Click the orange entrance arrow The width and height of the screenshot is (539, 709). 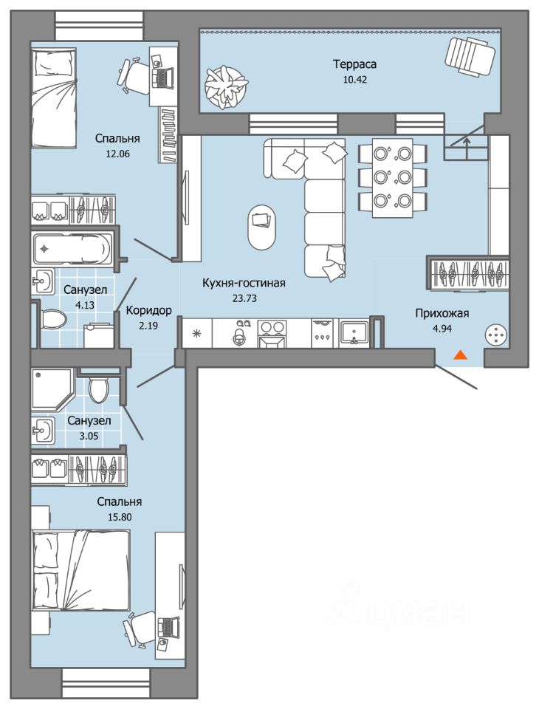pyautogui.click(x=460, y=355)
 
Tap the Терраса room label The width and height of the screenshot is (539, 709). pyautogui.click(x=354, y=64)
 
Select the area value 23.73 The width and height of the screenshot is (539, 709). pyautogui.click(x=244, y=298)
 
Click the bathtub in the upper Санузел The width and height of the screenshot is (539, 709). pyautogui.click(x=72, y=248)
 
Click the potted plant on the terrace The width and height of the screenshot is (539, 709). pyautogui.click(x=224, y=87)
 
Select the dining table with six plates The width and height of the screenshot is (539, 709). pyautogui.click(x=392, y=178)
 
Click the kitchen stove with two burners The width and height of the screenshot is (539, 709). pyautogui.click(x=271, y=333)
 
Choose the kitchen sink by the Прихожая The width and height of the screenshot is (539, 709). pyautogui.click(x=354, y=333)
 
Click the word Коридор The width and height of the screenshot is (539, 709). pyautogui.click(x=148, y=311)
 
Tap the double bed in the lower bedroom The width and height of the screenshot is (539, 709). pyautogui.click(x=81, y=570)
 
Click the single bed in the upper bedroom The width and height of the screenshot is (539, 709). pyautogui.click(x=54, y=98)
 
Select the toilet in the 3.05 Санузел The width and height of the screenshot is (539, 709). pyautogui.click(x=99, y=388)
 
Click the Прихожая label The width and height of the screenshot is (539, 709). pyautogui.click(x=442, y=313)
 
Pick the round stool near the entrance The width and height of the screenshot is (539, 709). pyautogui.click(x=496, y=335)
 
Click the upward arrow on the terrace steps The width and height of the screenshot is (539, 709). pyautogui.click(x=466, y=145)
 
